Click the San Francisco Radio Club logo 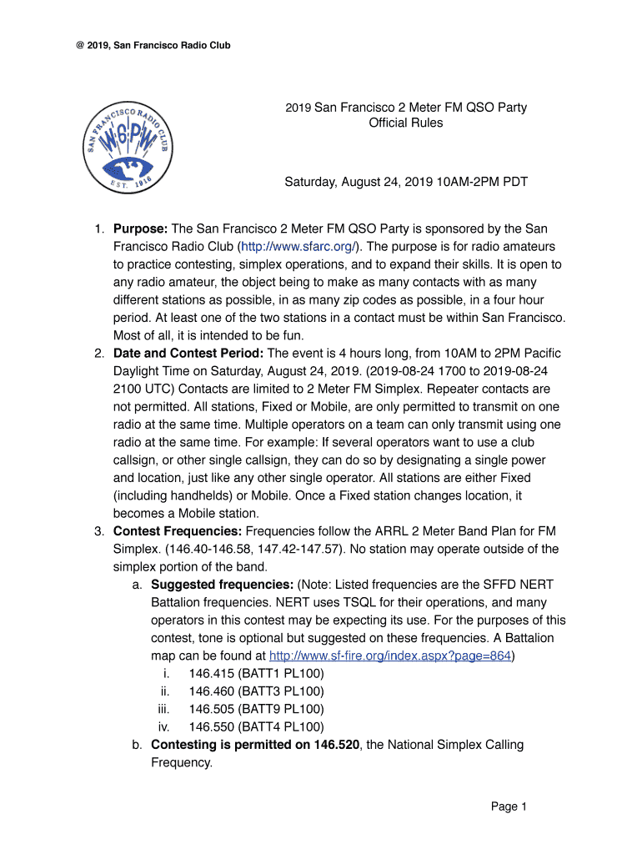[132, 146]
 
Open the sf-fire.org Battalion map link [390, 656]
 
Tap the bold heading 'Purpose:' [141, 229]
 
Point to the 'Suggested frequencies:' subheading [222, 585]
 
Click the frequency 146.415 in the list [211, 673]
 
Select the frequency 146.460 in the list [211, 691]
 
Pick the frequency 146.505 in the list [211, 709]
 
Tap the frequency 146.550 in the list [211, 726]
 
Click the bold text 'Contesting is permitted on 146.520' [254, 745]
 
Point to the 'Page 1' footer [509, 806]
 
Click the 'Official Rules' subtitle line [406, 123]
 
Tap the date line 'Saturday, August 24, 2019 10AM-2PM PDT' [406, 181]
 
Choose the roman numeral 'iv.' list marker [164, 726]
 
